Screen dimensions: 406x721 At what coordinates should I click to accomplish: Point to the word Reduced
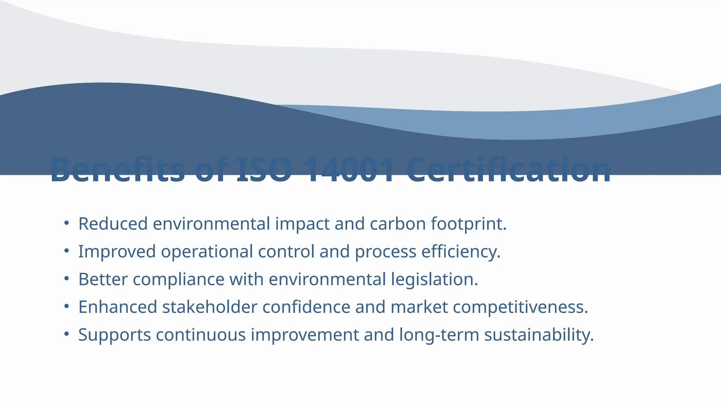pos(113,224)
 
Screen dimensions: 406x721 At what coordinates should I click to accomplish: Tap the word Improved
pos(117,252)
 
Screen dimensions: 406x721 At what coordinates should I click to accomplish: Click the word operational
pos(207,252)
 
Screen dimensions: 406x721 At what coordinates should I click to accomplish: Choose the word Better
pos(103,279)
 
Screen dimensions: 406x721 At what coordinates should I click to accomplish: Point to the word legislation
pos(434,279)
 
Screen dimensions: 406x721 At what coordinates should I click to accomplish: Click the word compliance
pos(178,279)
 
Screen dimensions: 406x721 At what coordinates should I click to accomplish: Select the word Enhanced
pos(118,307)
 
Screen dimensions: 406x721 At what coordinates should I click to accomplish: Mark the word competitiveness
pos(520,307)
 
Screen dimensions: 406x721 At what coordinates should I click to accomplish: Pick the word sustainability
pos(539,335)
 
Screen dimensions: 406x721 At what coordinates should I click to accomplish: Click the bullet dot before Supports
pos(67,334)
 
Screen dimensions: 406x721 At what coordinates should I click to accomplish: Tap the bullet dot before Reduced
pos(67,223)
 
